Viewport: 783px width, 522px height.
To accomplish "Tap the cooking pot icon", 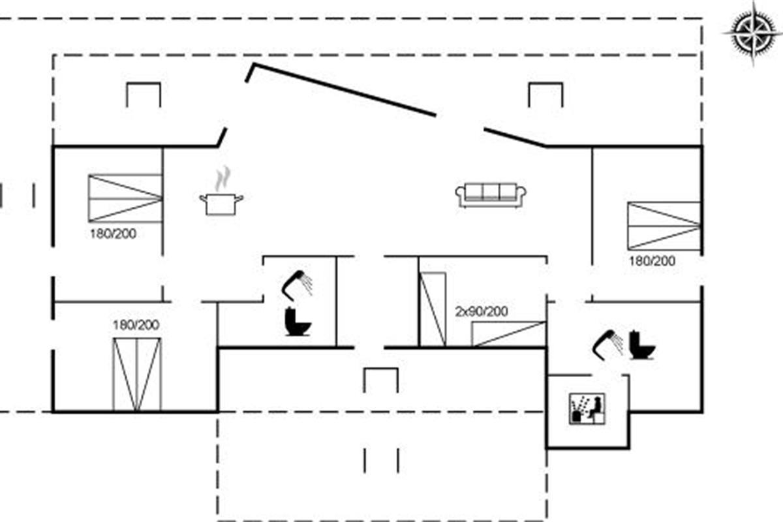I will coord(221,204).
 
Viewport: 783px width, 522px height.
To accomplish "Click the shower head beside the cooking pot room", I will coord(298,283).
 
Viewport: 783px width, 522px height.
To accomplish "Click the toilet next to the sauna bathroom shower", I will coord(641,346).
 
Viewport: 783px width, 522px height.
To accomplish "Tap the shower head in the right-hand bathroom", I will coord(607,344).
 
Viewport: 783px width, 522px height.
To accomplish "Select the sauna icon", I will coord(586,409).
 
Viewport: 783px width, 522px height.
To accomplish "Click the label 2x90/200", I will coord(481,311).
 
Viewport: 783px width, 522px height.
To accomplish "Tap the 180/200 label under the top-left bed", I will coord(114,234).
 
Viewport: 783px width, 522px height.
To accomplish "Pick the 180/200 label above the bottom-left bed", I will coord(136,325).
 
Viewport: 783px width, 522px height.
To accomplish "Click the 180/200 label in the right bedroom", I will coord(652,261).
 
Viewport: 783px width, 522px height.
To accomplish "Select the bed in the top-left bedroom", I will coord(125,198).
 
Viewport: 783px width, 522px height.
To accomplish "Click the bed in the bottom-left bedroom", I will coord(136,375).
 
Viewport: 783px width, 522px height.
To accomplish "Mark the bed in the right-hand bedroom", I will coord(664,225).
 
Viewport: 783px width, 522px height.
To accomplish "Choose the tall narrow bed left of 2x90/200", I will coord(432,309).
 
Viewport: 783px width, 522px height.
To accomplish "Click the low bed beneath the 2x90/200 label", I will coord(508,333).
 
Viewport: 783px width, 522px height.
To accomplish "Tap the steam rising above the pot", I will coord(223,177).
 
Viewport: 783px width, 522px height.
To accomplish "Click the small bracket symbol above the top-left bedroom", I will coord(143,94).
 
